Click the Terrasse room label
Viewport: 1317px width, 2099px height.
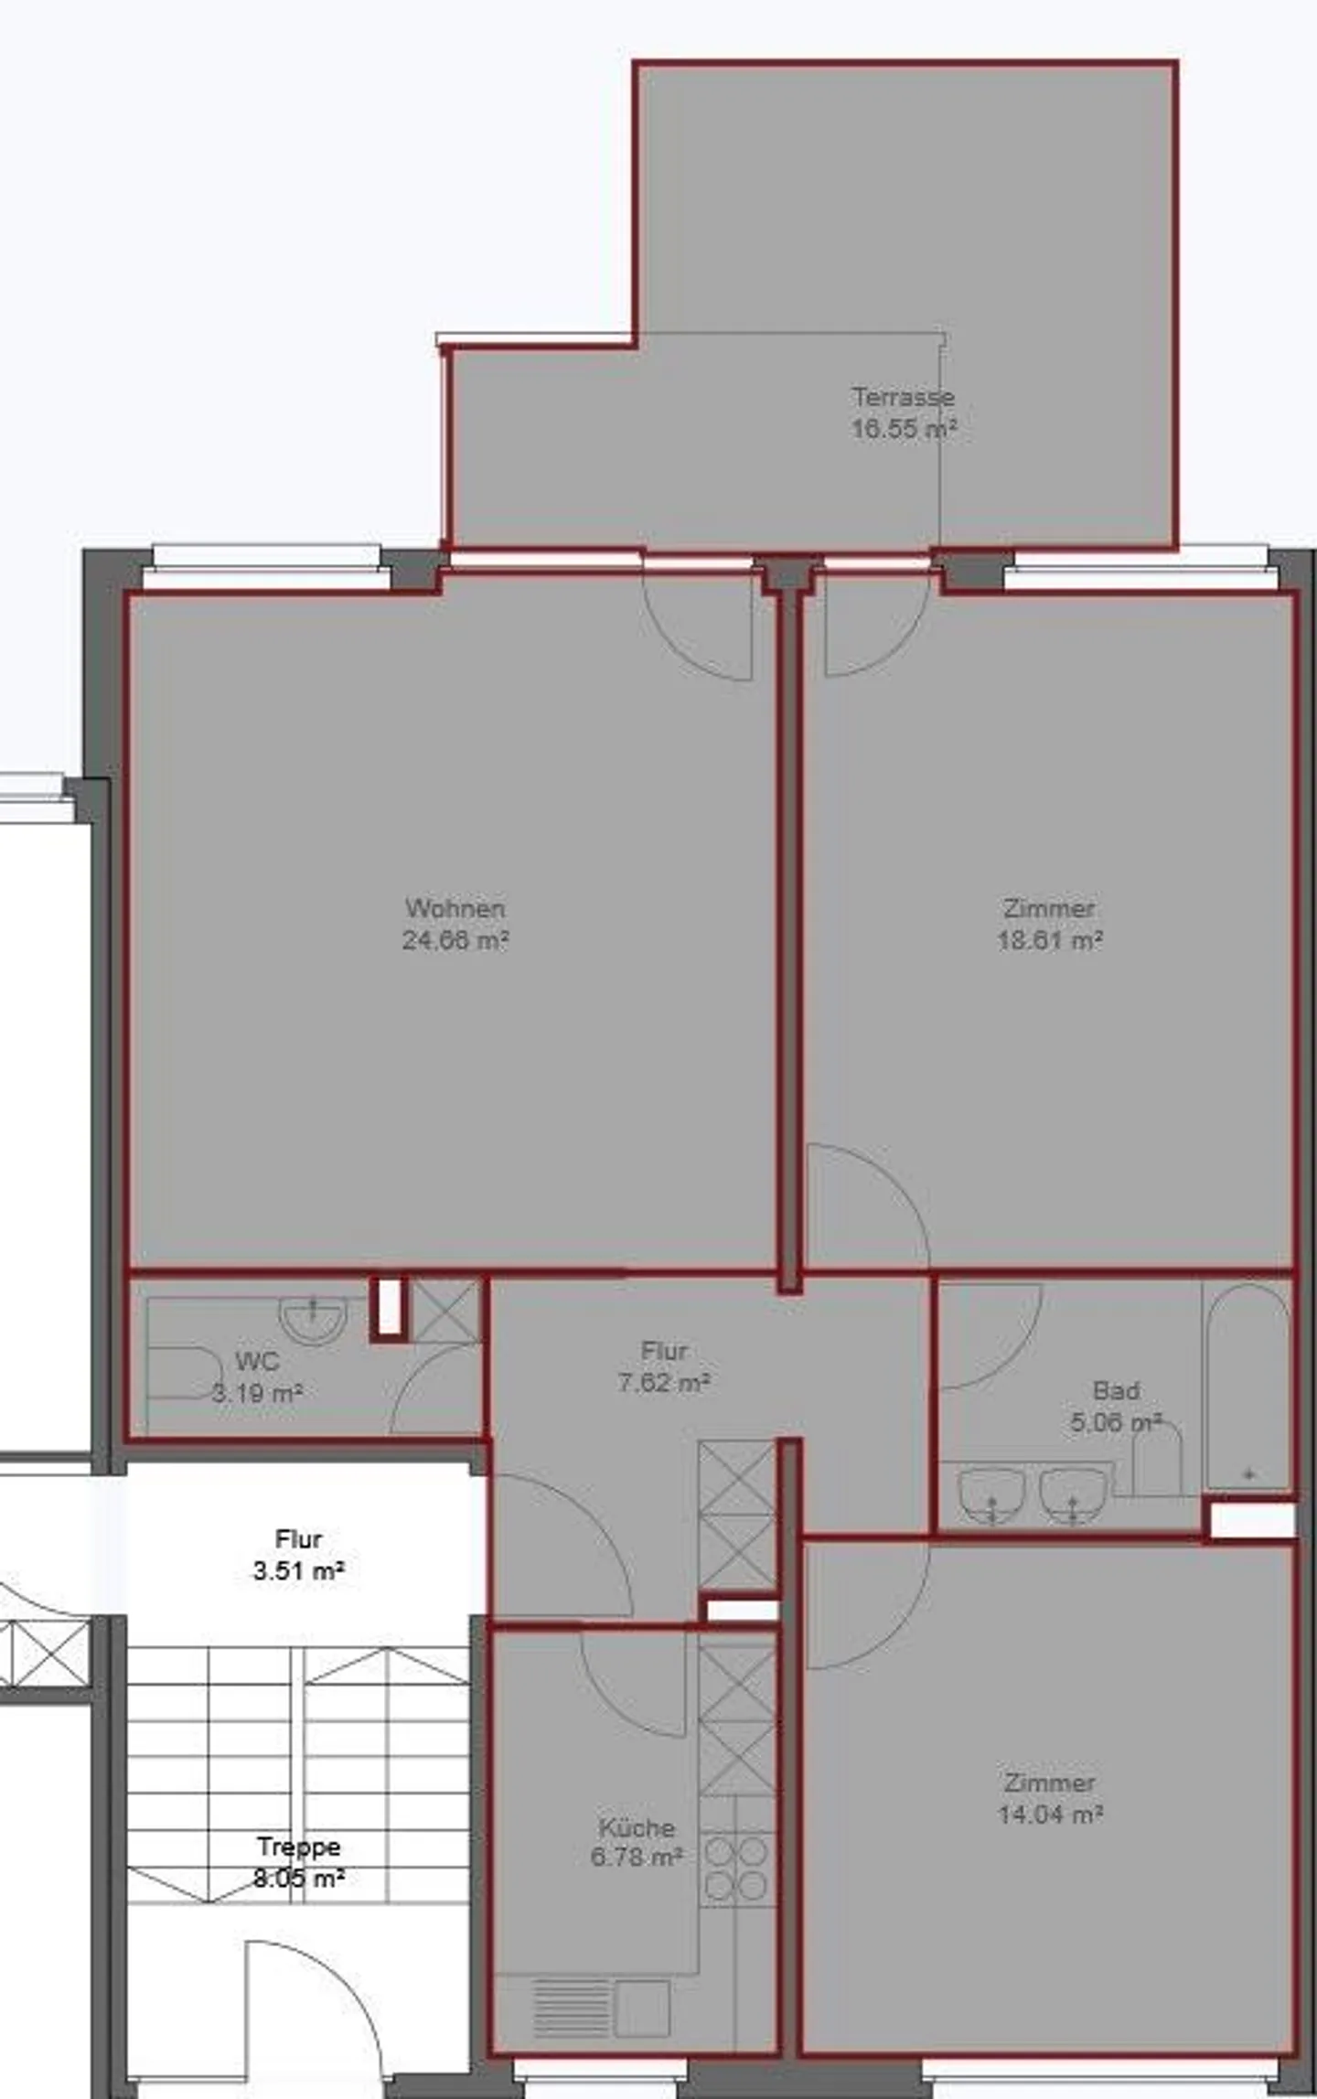point(903,397)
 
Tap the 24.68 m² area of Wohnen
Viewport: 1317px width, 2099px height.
point(455,939)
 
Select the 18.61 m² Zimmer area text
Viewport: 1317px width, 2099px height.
point(1049,939)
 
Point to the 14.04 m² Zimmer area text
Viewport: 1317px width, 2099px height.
point(1049,1814)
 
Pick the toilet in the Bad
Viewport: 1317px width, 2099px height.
point(1157,1461)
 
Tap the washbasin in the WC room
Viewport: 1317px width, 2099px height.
point(312,1319)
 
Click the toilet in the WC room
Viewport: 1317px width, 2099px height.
point(181,1372)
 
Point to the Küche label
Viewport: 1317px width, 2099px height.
point(637,1827)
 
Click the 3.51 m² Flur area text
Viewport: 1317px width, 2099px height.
point(298,1571)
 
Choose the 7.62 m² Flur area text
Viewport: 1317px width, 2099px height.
point(664,1382)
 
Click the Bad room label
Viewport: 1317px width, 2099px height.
point(1116,1390)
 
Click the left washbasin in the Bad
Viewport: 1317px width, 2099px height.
point(991,1492)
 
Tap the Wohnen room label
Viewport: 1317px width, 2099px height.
point(455,908)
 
